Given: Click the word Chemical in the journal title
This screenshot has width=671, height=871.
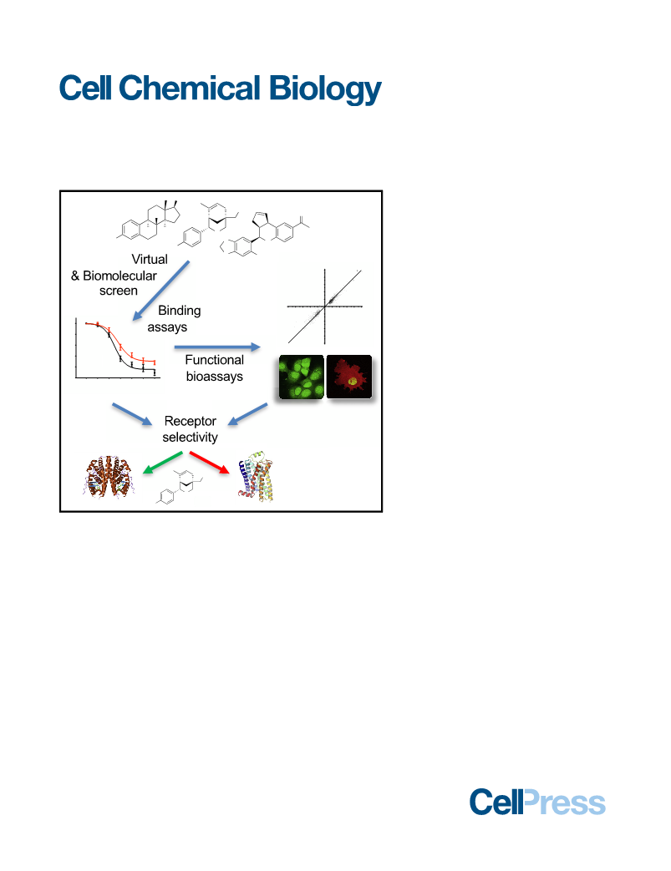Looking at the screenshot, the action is point(189,88).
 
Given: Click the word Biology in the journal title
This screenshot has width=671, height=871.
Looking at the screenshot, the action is point(325,89).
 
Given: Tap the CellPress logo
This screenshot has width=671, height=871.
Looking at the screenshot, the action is point(537,802).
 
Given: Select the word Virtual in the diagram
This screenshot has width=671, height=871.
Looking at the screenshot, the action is point(150,260).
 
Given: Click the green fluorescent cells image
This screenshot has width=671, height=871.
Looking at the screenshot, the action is point(301,377).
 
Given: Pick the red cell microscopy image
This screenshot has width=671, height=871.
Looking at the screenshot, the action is point(349,377).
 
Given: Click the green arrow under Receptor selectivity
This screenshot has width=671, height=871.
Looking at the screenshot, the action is point(162,463).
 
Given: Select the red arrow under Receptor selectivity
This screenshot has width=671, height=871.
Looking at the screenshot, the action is point(210,463).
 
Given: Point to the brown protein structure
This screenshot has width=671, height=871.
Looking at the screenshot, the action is point(108,477).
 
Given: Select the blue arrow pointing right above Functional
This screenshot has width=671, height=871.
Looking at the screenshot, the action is point(217,347).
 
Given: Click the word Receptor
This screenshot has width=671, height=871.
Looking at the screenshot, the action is point(191,421).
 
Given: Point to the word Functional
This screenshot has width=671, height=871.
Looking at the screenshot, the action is point(214,360).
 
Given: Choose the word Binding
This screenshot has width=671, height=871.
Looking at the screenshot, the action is point(180,311).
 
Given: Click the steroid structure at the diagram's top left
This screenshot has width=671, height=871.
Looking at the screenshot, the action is point(149,221).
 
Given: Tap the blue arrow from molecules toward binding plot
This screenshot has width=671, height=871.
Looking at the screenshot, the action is point(160,291).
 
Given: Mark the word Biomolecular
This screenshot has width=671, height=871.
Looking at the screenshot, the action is point(119,276).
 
